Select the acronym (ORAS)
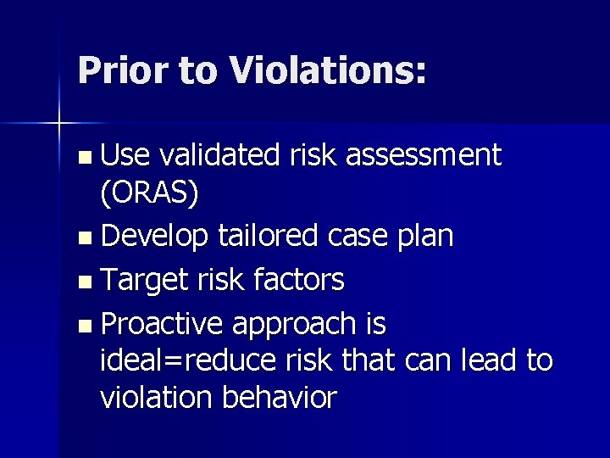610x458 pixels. click(x=150, y=194)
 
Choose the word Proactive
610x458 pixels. click(x=162, y=323)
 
